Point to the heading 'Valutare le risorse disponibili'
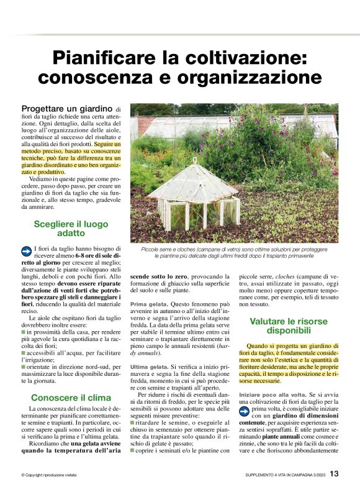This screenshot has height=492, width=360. tap(288, 326)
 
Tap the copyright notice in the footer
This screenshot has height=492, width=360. tap(49, 475)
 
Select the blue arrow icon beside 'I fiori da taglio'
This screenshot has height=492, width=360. tap(27, 250)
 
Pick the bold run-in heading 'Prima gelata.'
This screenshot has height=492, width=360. tap(149, 304)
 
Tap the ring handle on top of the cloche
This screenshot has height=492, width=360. tap(194, 160)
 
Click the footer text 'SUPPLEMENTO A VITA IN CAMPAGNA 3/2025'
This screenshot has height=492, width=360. tap(285, 475)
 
